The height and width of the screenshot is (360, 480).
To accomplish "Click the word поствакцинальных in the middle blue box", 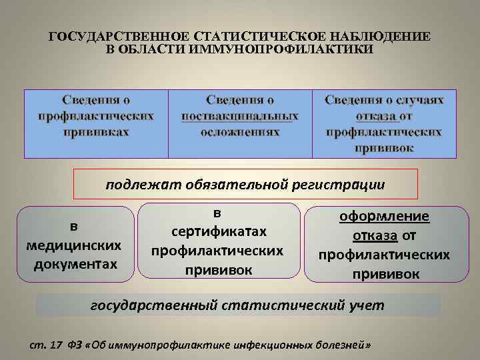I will pos(240,116).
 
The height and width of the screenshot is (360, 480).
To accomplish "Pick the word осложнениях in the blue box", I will pos(240,132).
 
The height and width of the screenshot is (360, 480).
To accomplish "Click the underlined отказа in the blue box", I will pos(377,116).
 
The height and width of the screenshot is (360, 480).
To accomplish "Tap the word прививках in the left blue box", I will pos(96,132).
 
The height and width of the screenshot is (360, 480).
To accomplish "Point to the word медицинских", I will pos(74,245).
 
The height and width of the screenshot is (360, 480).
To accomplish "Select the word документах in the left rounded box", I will pos(74,263).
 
